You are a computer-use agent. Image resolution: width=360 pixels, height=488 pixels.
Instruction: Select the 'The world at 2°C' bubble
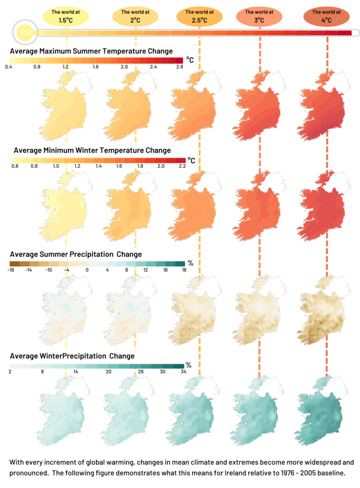(x=135, y=16)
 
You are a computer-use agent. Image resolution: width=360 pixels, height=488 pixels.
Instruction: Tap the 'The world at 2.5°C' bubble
(x=200, y=16)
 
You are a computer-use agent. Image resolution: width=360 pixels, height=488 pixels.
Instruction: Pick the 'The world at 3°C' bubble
(x=259, y=16)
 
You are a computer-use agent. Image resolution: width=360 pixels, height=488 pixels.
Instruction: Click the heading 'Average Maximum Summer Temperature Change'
(x=91, y=51)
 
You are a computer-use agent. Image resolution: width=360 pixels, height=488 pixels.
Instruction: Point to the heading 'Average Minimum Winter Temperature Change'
(x=92, y=150)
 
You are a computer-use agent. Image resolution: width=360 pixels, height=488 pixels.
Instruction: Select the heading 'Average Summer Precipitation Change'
(x=75, y=254)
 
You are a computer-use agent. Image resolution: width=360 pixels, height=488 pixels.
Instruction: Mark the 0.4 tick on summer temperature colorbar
(x=8, y=68)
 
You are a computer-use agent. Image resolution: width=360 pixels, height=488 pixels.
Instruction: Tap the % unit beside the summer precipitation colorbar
(x=190, y=263)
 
